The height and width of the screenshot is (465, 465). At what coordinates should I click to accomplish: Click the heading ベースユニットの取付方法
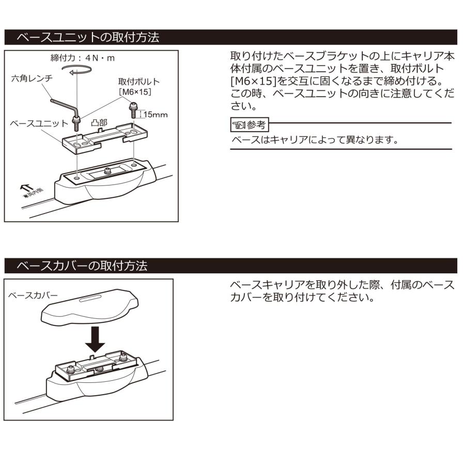tap(88, 38)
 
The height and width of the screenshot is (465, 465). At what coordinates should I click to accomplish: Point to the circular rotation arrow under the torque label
tap(75, 74)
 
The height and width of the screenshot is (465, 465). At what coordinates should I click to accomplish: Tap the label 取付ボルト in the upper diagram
tap(138, 82)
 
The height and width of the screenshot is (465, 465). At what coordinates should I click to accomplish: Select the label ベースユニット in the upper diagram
tap(39, 124)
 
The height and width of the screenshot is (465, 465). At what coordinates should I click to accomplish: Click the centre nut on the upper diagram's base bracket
tap(107, 170)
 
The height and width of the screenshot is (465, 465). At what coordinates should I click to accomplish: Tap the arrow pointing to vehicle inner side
tap(24, 188)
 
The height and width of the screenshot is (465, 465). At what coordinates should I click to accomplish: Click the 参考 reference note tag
tap(250, 125)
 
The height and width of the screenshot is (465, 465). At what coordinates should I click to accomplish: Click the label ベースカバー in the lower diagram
tap(33, 295)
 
